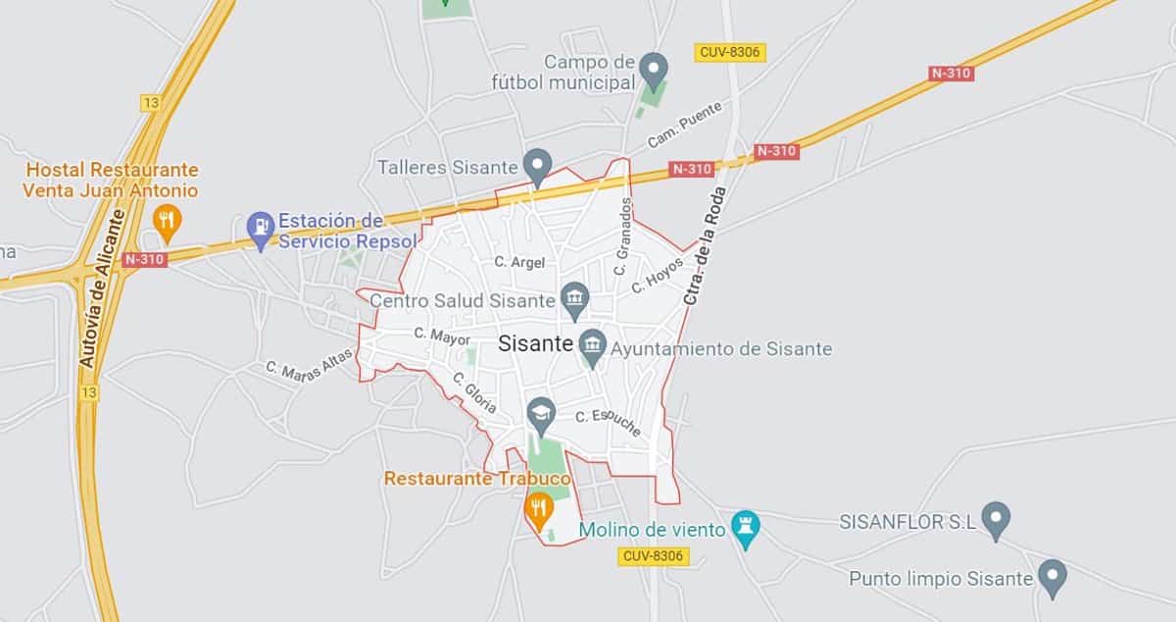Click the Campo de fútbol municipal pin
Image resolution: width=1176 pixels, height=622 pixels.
tap(655, 70)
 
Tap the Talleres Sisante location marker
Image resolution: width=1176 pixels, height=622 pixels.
tap(536, 166)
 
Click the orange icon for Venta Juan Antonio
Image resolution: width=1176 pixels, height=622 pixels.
tap(167, 222)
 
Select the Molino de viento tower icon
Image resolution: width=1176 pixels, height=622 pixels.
tap(747, 529)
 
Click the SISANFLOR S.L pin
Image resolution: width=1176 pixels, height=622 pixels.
tap(996, 519)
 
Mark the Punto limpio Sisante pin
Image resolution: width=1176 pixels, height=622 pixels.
tap(1052, 577)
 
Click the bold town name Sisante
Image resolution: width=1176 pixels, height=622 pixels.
tap(535, 344)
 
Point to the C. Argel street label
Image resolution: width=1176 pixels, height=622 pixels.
tap(519, 262)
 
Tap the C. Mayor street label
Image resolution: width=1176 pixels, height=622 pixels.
tap(442, 337)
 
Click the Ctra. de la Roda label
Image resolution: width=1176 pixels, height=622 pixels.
tap(704, 244)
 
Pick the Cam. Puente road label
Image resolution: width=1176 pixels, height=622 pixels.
tap(684, 125)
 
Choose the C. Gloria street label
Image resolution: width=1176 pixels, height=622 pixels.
tap(474, 392)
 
